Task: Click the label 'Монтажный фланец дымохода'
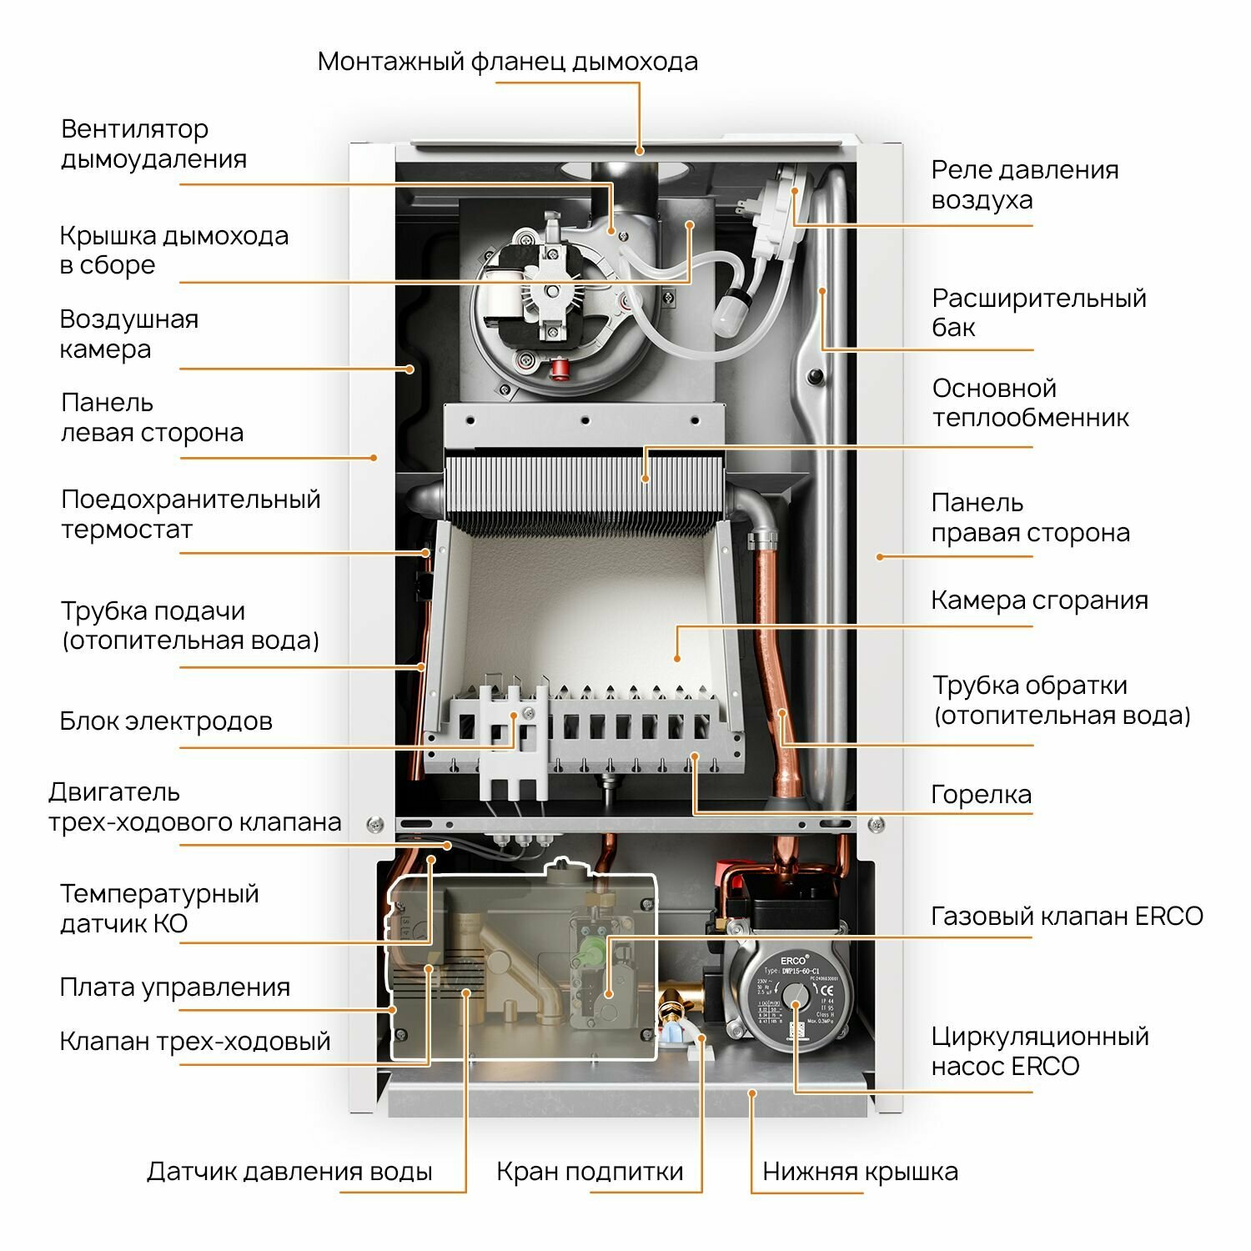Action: pyautogui.click(x=507, y=62)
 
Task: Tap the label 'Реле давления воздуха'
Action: pyautogui.click(x=1024, y=184)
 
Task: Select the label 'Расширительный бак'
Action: pyautogui.click(x=1038, y=313)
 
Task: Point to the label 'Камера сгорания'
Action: pyautogui.click(x=1039, y=600)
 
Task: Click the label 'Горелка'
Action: pyautogui.click(x=981, y=795)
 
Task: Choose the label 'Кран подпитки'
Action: pyautogui.click(x=590, y=1172)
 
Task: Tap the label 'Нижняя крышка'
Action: pyautogui.click(x=860, y=1172)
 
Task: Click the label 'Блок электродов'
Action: pyautogui.click(x=166, y=721)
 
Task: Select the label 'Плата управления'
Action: pyautogui.click(x=174, y=987)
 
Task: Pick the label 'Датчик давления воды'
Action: pyautogui.click(x=289, y=1172)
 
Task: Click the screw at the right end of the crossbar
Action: pyautogui.click(x=876, y=825)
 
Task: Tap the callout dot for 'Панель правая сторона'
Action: pyautogui.click(x=879, y=556)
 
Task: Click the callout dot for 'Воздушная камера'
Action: pyautogui.click(x=410, y=369)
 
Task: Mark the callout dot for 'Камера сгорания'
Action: pyautogui.click(x=677, y=658)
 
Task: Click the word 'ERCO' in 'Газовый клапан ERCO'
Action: pyautogui.click(x=1168, y=917)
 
